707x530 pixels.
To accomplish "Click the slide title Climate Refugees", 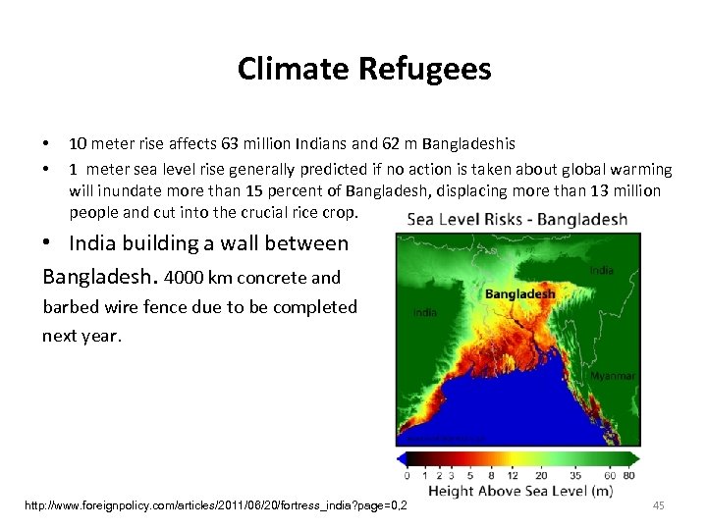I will [363, 69].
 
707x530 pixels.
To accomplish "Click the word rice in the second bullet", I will [314, 212].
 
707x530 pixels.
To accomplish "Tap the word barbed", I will [74, 307].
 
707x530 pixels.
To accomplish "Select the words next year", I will [81, 336].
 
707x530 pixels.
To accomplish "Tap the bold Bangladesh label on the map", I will [520, 293].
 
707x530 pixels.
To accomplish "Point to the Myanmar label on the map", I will [613, 376].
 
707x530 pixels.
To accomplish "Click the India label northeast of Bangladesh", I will [602, 270].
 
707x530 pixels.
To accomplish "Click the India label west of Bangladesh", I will [425, 312].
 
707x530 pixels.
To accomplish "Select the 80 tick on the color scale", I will [628, 475].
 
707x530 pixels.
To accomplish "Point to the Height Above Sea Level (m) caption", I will [520, 492].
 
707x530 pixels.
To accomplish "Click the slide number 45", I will [659, 504].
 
